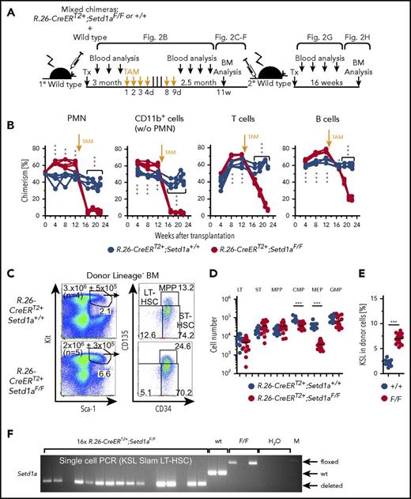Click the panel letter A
tap(9, 8)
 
